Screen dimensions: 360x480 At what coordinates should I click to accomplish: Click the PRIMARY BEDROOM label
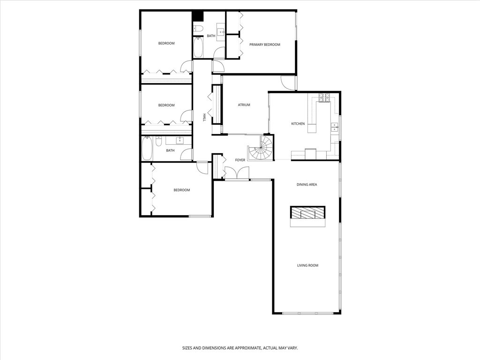click(264, 45)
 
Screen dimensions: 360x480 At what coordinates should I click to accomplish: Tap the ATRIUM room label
click(244, 105)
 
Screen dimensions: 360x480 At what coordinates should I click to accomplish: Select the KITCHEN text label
click(298, 124)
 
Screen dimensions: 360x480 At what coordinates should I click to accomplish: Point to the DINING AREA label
click(307, 185)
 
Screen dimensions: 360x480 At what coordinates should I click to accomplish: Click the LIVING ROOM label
click(307, 265)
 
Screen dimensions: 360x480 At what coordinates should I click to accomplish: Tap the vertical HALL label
click(204, 117)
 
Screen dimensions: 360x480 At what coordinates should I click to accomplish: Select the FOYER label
click(240, 160)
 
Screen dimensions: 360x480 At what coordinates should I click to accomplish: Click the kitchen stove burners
click(324, 97)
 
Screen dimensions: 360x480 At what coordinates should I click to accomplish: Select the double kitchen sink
click(335, 126)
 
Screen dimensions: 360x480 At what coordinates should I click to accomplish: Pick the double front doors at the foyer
click(237, 174)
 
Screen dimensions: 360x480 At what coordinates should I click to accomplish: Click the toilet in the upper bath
click(198, 29)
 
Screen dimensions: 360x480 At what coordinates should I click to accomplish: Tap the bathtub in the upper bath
click(197, 47)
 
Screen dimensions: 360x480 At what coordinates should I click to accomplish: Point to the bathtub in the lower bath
click(147, 149)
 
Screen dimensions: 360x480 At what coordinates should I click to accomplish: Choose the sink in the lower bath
click(180, 140)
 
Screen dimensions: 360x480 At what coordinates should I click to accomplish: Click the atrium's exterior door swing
click(288, 82)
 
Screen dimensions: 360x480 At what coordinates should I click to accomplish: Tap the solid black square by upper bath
click(198, 16)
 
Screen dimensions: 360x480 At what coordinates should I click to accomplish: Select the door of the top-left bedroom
click(187, 67)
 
